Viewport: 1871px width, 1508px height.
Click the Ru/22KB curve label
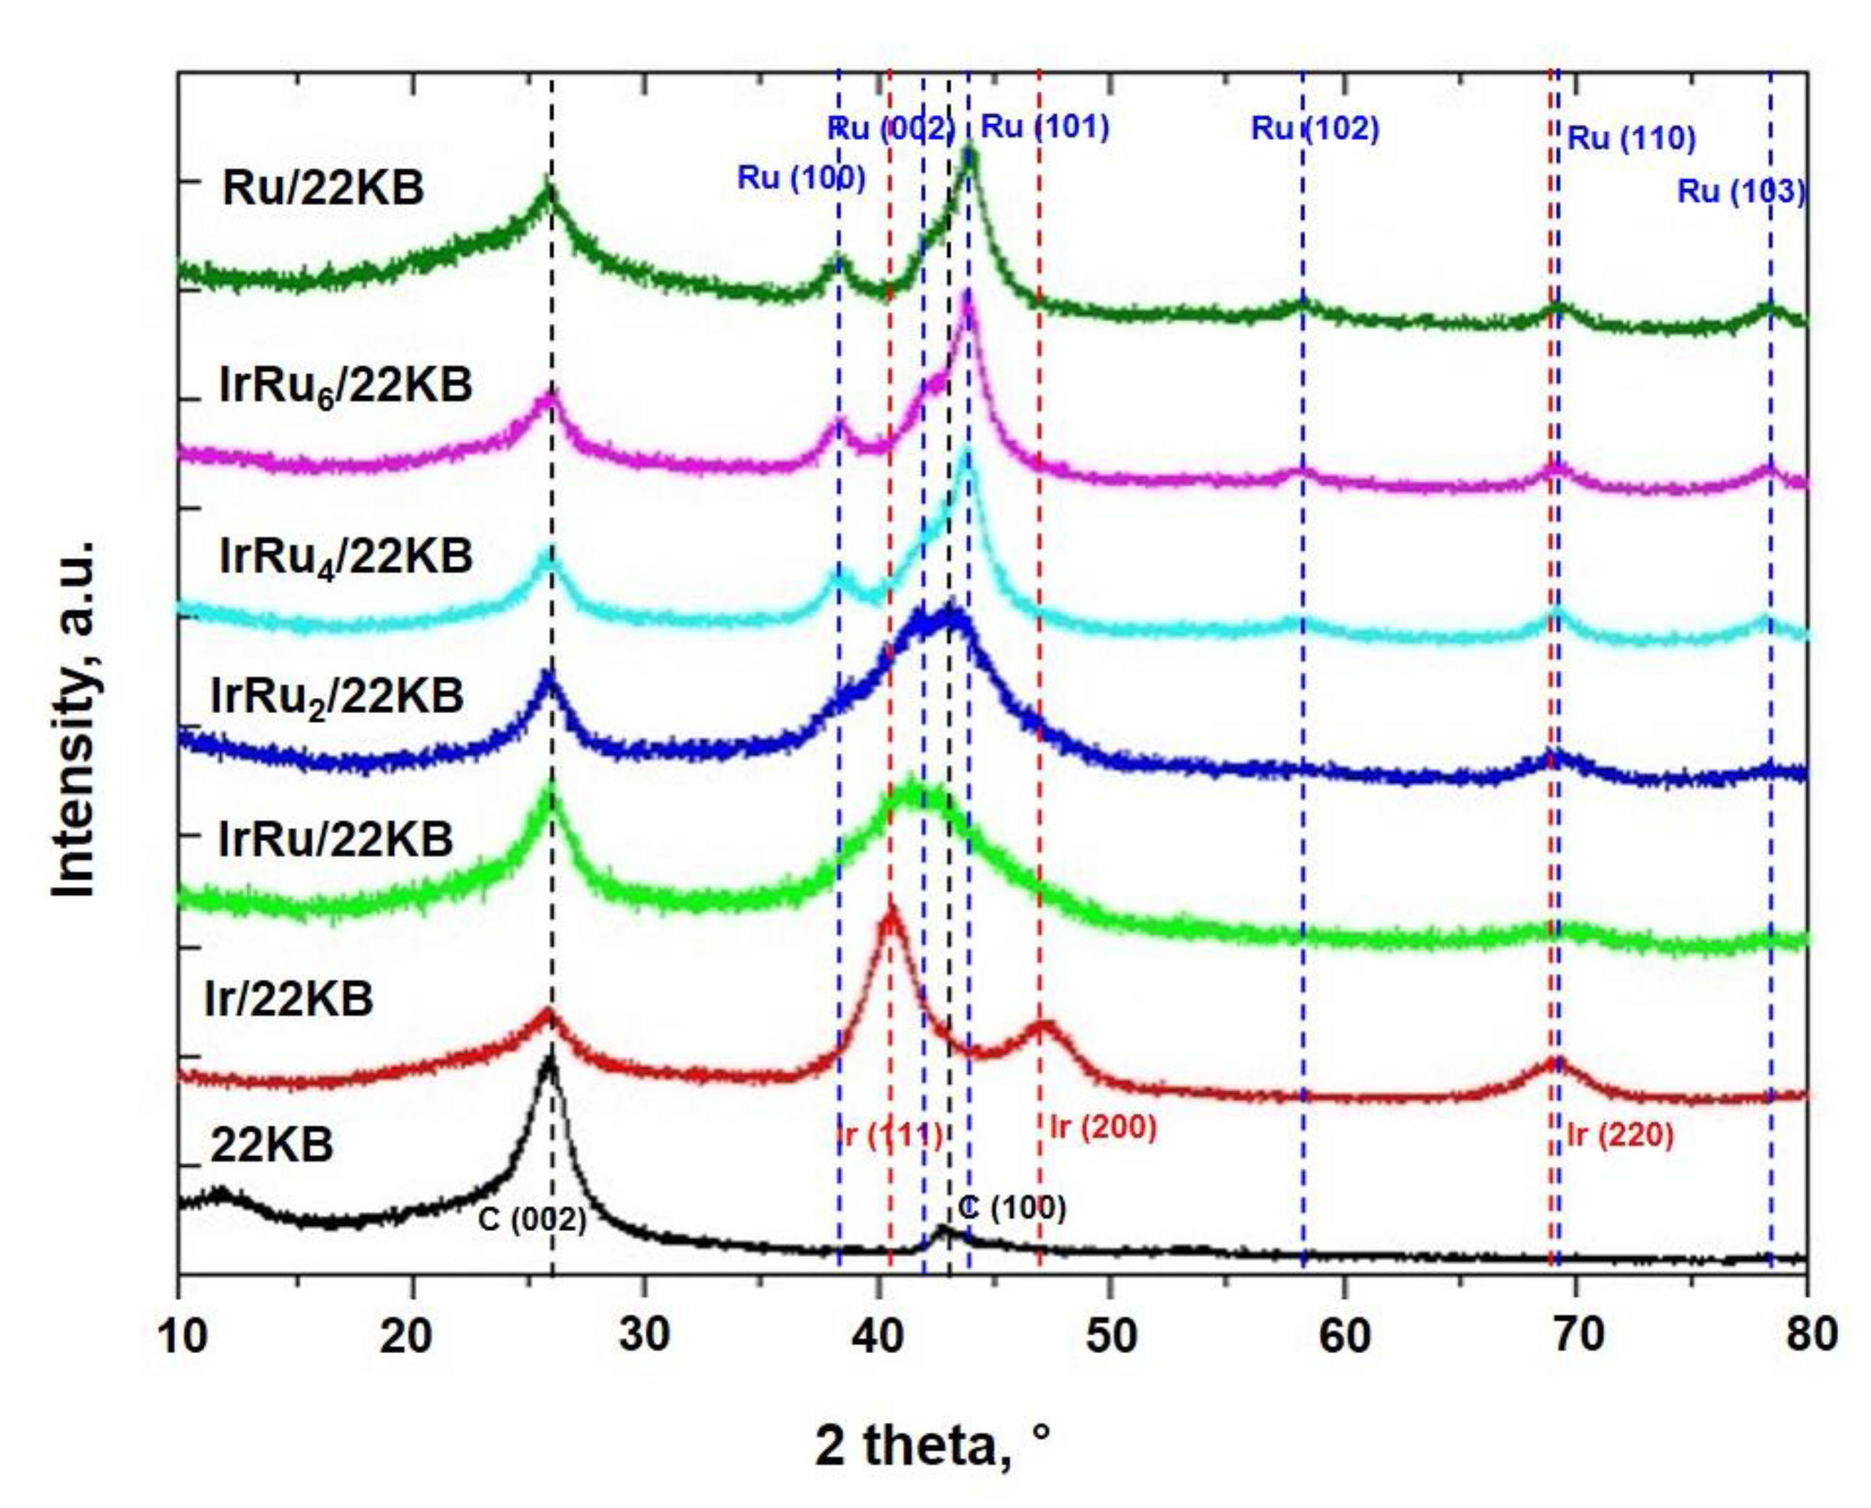pos(323,188)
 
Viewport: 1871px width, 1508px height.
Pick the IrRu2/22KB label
pos(337,697)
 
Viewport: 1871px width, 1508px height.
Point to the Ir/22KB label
pos(288,999)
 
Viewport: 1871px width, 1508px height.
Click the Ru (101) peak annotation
pos(1044,128)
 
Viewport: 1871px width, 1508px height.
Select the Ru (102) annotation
pos(1315,129)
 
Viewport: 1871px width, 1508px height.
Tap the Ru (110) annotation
pos(1631,139)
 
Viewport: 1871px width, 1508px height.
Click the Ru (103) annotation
pos(1740,192)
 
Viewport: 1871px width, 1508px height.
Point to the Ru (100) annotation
pos(801,178)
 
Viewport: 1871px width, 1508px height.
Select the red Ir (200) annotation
pos(1104,1128)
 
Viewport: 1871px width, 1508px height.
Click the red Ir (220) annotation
pos(1620,1135)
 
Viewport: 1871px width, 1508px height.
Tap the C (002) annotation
pos(532,1220)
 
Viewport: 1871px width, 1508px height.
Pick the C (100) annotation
pos(1012,1208)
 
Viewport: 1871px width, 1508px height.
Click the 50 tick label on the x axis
pos(1111,1335)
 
